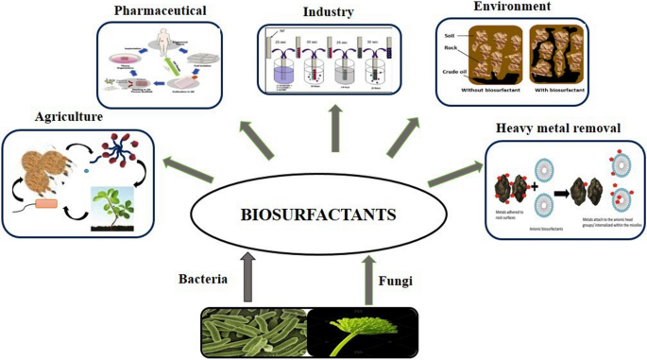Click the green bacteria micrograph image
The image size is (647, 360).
coord(253,333)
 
